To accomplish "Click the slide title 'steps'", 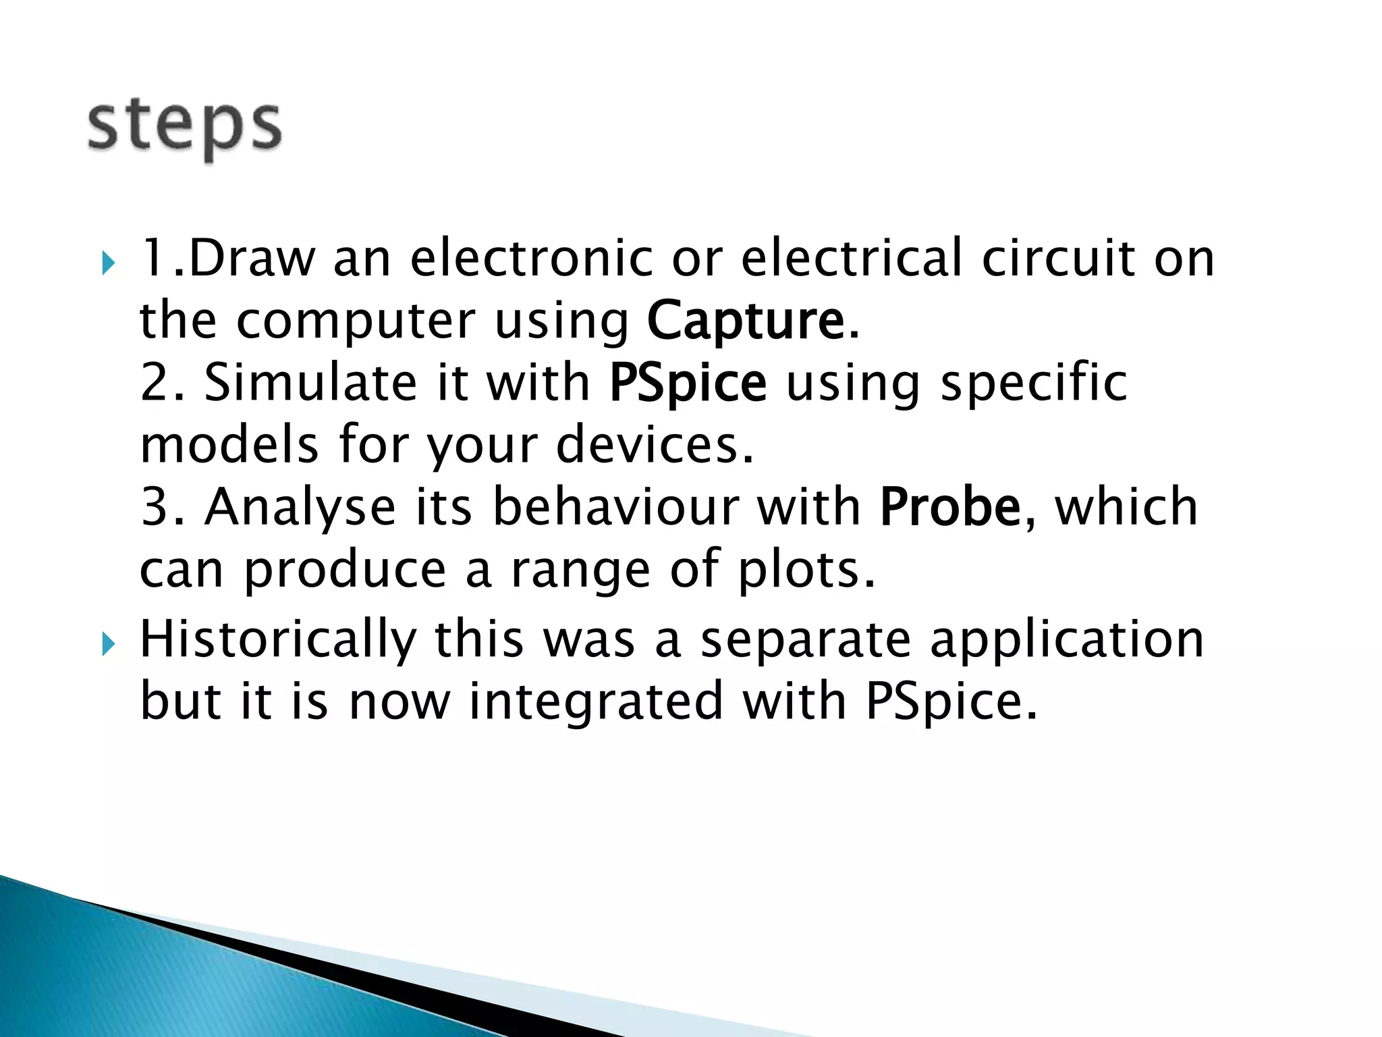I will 184,128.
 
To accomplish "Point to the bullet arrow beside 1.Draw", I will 107,263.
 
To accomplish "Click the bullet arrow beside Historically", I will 107,645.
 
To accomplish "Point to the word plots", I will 806,569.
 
